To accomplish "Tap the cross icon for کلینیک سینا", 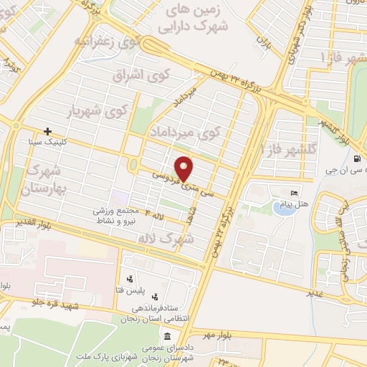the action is [47, 132].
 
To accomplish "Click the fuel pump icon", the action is [357, 159].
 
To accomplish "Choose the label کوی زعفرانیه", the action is [105, 42].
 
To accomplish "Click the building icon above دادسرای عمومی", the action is [166, 336].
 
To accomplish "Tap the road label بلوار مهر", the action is [217, 334].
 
